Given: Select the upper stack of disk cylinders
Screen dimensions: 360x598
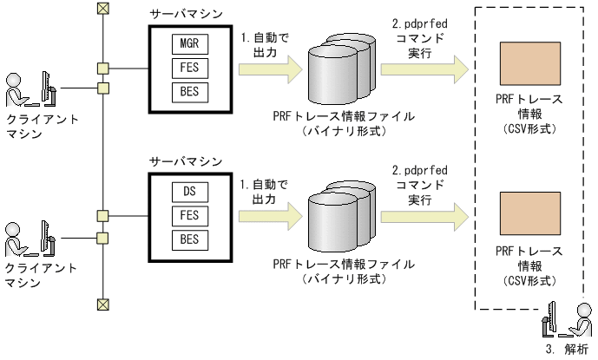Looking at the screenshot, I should click(x=343, y=66).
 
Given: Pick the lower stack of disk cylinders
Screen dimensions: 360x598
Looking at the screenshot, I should click(x=343, y=214).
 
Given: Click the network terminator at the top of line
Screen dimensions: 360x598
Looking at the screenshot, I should click(x=103, y=9).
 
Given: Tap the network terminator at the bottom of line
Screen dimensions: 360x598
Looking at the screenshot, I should click(x=103, y=303).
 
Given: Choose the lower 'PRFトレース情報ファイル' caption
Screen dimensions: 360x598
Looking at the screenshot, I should click(x=344, y=264).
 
